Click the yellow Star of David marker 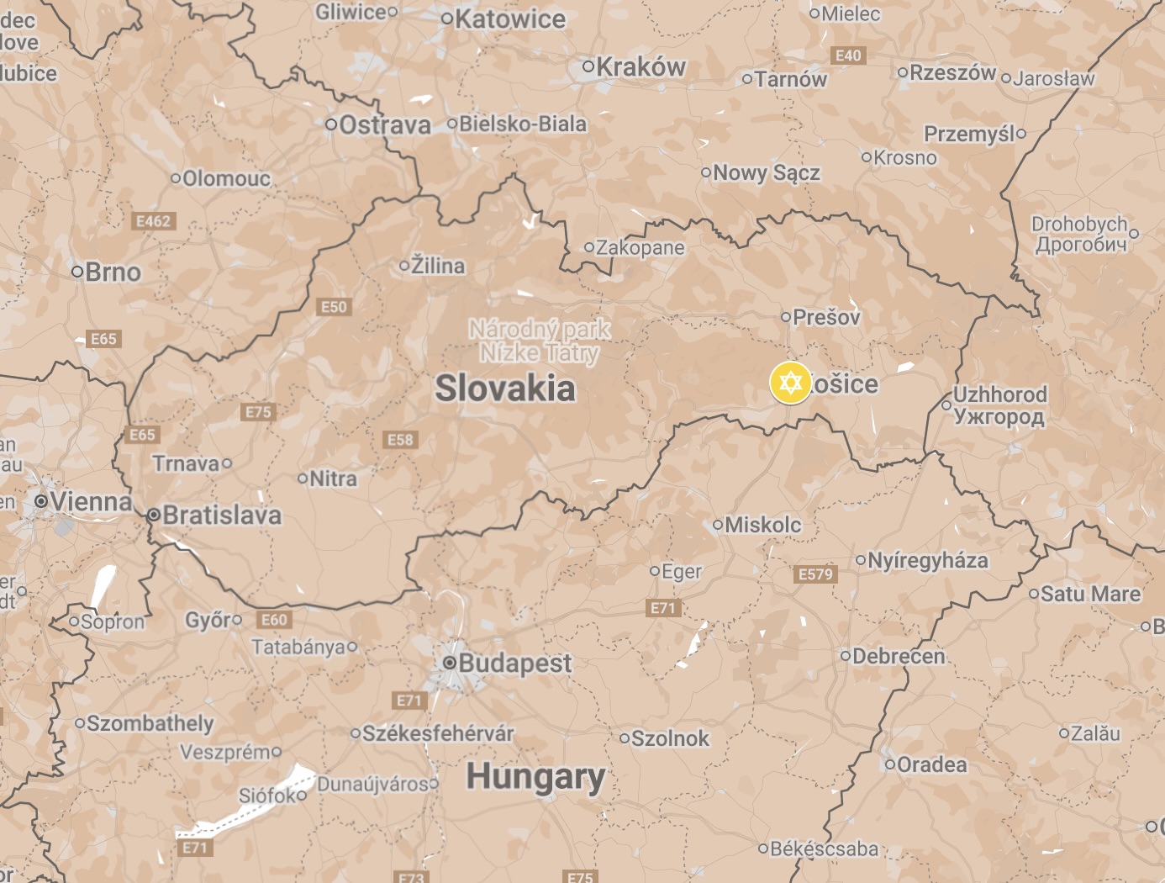789,383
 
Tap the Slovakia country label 505,389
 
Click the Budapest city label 514,663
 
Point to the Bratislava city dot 154,515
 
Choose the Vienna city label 91,502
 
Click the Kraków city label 640,67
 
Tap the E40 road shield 848,56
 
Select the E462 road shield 153,221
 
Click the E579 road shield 815,574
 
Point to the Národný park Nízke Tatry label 540,341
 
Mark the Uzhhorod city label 999,405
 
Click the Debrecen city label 899,656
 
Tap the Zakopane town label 640,248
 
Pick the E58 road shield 400,440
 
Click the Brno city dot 77,272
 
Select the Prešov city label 826,317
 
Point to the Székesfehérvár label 437,733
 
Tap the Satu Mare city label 1090,594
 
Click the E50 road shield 334,307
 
